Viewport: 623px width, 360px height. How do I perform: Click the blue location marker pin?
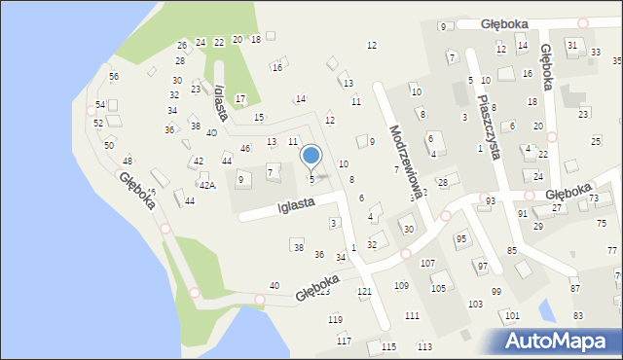click(311, 157)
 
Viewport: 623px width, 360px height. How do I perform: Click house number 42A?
click(207, 185)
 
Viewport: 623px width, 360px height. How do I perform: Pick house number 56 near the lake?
click(114, 77)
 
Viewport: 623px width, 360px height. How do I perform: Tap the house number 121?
click(364, 292)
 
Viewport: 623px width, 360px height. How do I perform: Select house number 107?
click(426, 264)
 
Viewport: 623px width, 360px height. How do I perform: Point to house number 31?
click(572, 45)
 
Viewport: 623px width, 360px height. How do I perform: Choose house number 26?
click(181, 46)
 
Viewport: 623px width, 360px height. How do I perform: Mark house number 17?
click(240, 99)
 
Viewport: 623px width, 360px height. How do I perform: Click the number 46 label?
click(245, 148)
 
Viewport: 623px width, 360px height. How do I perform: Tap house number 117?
click(344, 341)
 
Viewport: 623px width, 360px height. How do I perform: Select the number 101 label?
click(512, 316)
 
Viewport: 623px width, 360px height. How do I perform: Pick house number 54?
click(100, 104)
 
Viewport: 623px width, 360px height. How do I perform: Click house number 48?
click(128, 162)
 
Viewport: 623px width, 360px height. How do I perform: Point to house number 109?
click(401, 285)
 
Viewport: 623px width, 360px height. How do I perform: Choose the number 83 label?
click(578, 315)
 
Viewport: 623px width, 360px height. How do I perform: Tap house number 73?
click(594, 198)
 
